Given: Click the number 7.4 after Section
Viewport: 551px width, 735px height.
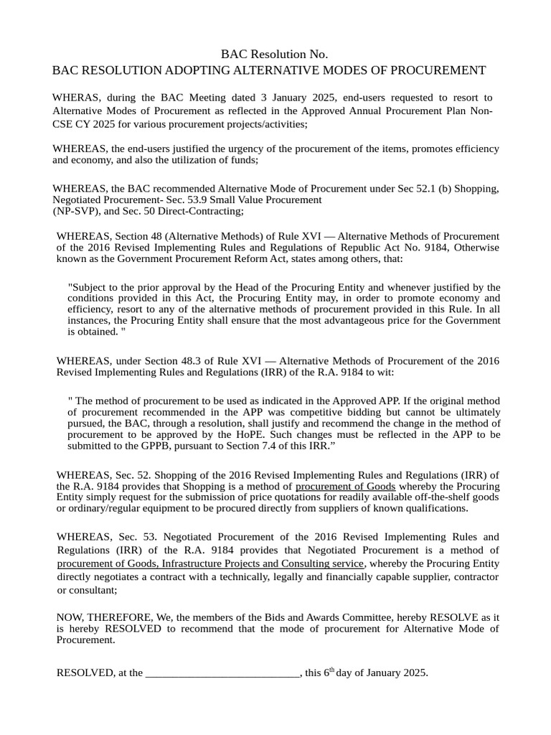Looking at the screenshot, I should click(x=273, y=446).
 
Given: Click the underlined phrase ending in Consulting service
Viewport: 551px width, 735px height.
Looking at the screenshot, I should click(x=211, y=563).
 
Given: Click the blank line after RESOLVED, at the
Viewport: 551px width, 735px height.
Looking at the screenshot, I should click(x=222, y=673).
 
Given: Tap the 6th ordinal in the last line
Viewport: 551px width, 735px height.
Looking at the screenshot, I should click(x=329, y=673).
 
